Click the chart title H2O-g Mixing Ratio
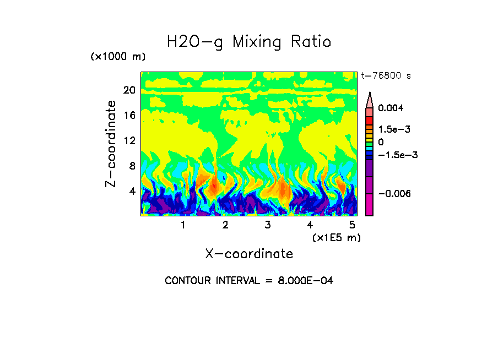[x=249, y=42]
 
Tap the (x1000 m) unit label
[x=117, y=57]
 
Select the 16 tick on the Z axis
[x=129, y=115]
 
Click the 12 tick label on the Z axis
[x=129, y=140]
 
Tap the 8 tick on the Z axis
[x=132, y=166]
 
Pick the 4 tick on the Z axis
[x=132, y=191]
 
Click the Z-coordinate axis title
[x=112, y=144]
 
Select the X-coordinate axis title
[x=249, y=254]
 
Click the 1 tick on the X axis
[x=183, y=225]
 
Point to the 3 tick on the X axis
[x=268, y=225]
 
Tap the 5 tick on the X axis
[x=352, y=225]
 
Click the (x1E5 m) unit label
[x=336, y=237]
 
